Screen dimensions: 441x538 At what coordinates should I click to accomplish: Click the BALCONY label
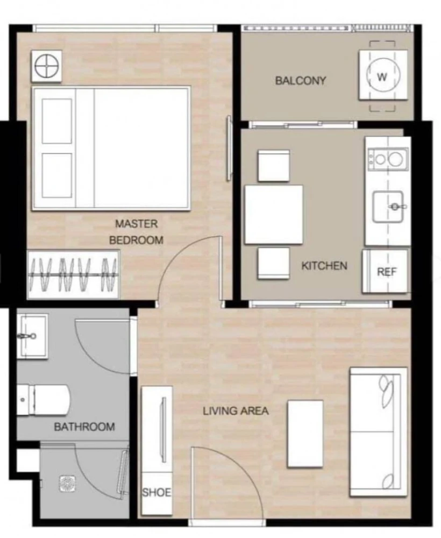pyautogui.click(x=301, y=81)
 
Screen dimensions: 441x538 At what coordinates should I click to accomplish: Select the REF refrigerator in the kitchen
pyautogui.click(x=386, y=271)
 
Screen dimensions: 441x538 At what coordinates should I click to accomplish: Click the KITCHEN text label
pyautogui.click(x=324, y=266)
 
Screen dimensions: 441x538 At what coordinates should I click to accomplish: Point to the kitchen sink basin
pyautogui.click(x=388, y=207)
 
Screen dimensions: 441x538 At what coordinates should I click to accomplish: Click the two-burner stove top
pyautogui.click(x=388, y=159)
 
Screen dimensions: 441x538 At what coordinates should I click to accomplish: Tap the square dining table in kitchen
pyautogui.click(x=274, y=215)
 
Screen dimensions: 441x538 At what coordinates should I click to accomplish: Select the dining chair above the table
pyautogui.click(x=274, y=166)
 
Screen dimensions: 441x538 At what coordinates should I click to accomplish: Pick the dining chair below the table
pyautogui.click(x=274, y=263)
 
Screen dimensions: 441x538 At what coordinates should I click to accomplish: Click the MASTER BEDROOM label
pyautogui.click(x=136, y=232)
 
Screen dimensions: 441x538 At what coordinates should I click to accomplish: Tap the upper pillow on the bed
pyautogui.click(x=57, y=121)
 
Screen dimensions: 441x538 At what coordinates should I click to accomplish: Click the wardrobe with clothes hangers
pyautogui.click(x=73, y=274)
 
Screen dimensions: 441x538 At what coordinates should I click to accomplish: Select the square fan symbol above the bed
pyautogui.click(x=47, y=66)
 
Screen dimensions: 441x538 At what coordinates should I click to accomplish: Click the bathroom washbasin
pyautogui.click(x=33, y=337)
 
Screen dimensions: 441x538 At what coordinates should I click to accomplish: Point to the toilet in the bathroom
pyautogui.click(x=44, y=400)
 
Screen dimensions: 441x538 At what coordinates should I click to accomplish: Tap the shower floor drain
pyautogui.click(x=67, y=484)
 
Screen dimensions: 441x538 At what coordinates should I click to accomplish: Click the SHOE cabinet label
pyautogui.click(x=157, y=493)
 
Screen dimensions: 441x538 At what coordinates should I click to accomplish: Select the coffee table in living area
pyautogui.click(x=305, y=434)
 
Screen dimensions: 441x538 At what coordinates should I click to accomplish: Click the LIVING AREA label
pyautogui.click(x=236, y=410)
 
